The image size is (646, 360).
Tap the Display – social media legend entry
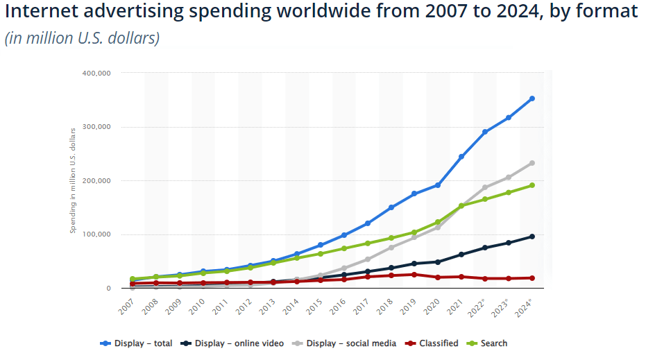tap(345, 343)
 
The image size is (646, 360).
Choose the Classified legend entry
tap(433, 343)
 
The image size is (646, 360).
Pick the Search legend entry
tap(488, 343)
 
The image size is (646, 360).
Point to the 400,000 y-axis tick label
tap(96, 73)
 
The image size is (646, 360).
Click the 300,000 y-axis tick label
tap(96, 127)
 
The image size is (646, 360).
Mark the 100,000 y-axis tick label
tap(96, 234)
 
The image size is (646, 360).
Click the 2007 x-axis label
tap(126, 306)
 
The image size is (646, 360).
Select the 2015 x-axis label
tap(314, 306)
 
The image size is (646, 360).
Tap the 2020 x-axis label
tap(432, 306)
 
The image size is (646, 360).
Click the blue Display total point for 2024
tap(532, 98)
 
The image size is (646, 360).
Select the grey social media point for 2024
tap(532, 163)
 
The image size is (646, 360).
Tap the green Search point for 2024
tap(532, 185)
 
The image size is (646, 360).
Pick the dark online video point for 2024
tap(532, 237)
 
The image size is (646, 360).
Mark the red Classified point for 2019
tap(414, 275)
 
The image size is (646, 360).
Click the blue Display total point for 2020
tap(438, 185)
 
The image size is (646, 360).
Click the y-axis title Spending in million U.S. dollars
tap(72, 180)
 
